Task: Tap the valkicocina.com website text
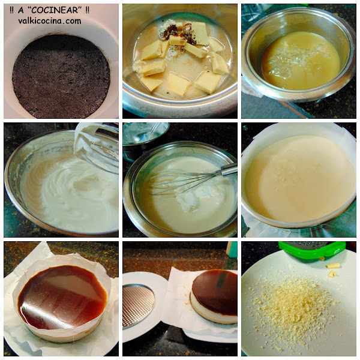pos(50,21)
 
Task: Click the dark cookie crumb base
pos(61,76)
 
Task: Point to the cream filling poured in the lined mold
pos(298,179)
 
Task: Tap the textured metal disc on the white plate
pos(138,305)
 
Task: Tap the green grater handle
pos(312,250)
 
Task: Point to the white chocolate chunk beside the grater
pos(333,266)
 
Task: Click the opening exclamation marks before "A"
pos(12,10)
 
